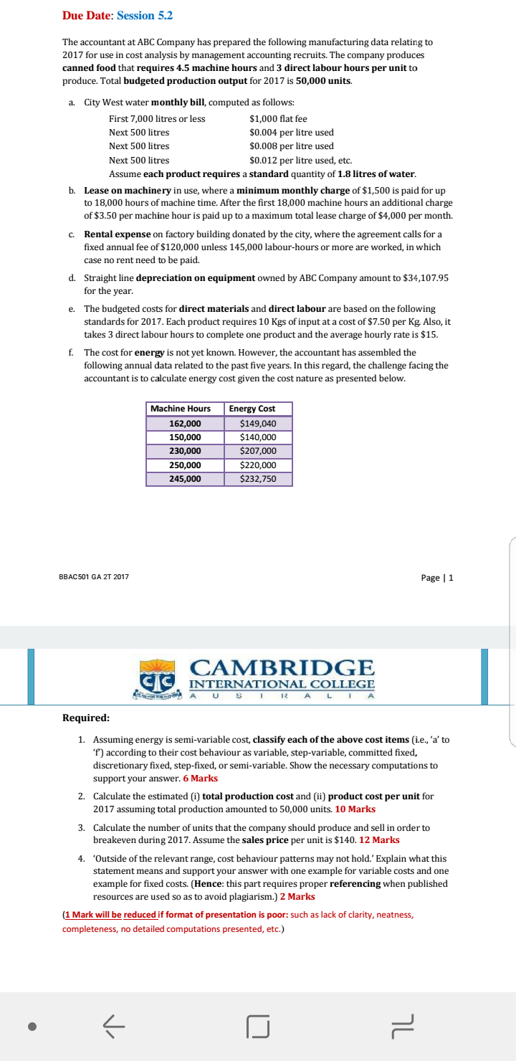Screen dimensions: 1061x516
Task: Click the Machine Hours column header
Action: click(181, 409)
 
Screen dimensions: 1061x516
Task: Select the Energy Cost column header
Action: click(252, 409)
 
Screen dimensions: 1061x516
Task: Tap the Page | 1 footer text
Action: click(436, 578)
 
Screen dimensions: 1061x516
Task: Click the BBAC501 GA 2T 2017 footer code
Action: click(94, 577)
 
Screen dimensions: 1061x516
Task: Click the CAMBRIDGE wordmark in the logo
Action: click(282, 667)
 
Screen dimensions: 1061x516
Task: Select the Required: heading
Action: click(86, 718)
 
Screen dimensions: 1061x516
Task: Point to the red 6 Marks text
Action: click(204, 778)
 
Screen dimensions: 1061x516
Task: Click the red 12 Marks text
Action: click(379, 839)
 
